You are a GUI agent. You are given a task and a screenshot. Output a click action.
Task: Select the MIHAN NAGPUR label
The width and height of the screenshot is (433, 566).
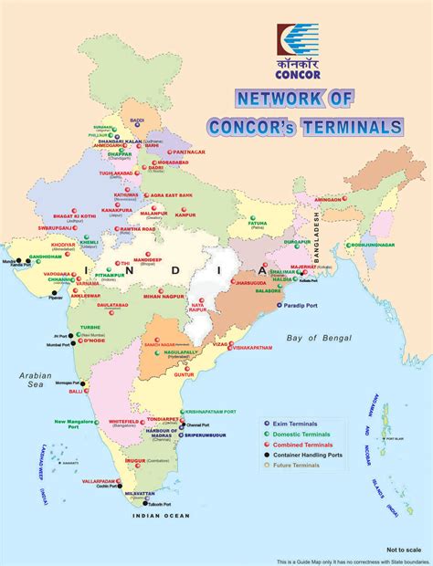(x=164, y=297)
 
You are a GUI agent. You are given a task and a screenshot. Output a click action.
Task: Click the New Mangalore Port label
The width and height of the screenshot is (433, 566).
(x=79, y=424)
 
